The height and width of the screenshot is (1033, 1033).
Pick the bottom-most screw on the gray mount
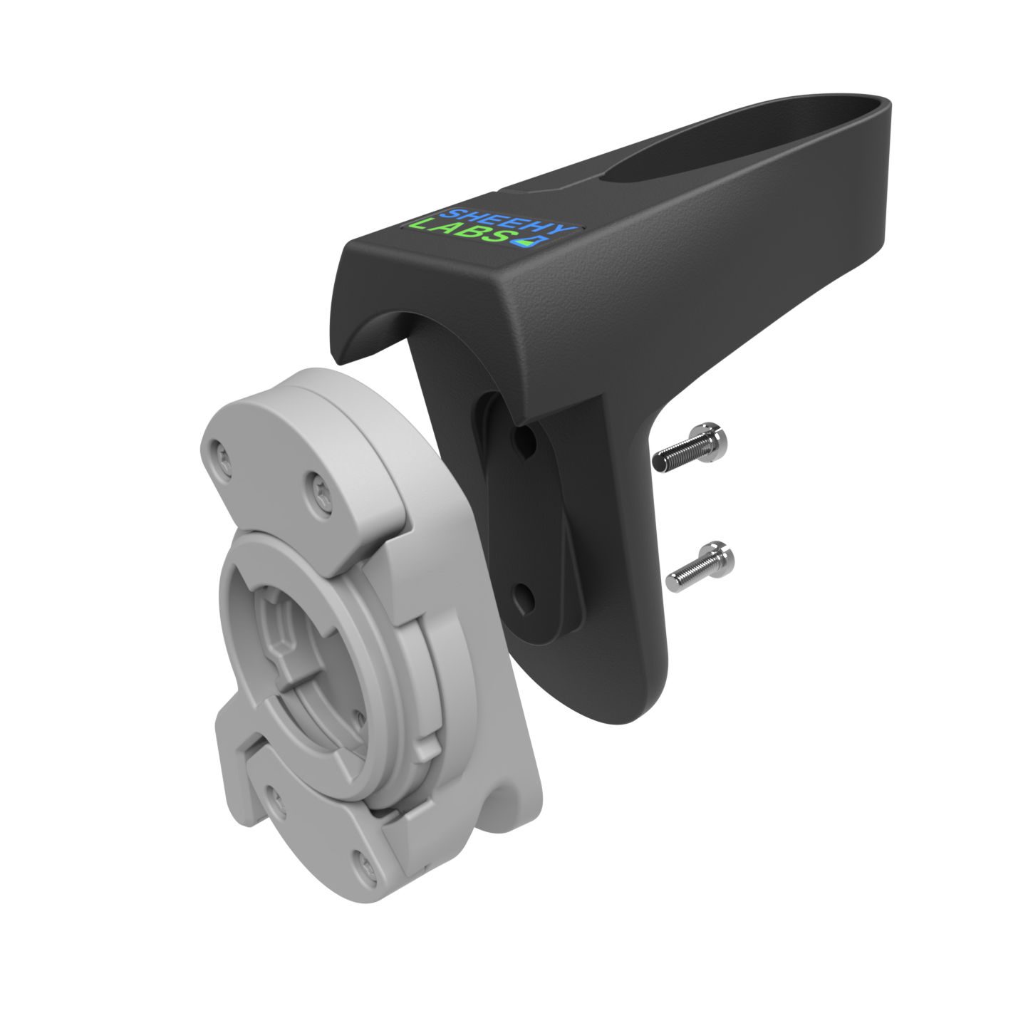364,864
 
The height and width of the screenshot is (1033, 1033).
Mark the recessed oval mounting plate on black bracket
531,520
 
